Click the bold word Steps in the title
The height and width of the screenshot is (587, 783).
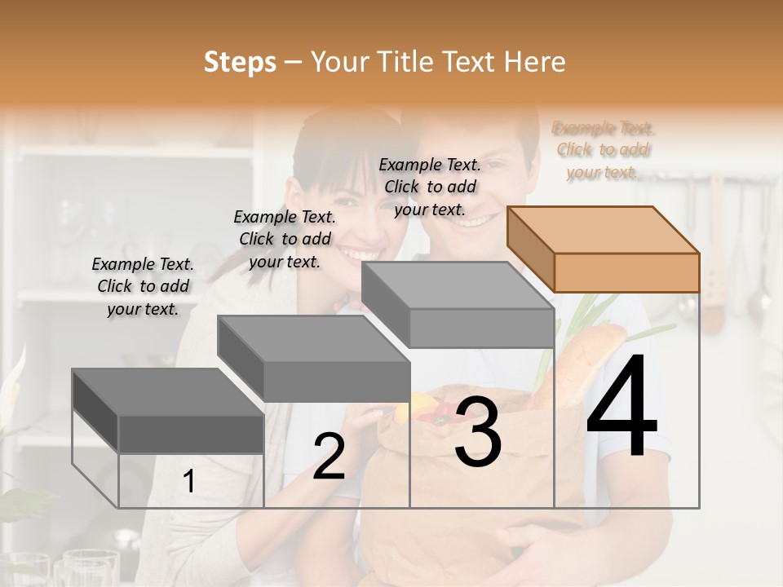coord(240,62)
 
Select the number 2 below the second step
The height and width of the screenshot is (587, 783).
coord(329,457)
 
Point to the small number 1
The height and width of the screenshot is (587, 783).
coord(188,482)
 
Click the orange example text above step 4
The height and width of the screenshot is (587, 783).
coord(604,150)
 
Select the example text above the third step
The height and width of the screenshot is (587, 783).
coord(431,187)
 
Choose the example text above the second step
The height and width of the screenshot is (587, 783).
coord(285,239)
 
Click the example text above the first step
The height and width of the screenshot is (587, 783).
coord(143,286)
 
